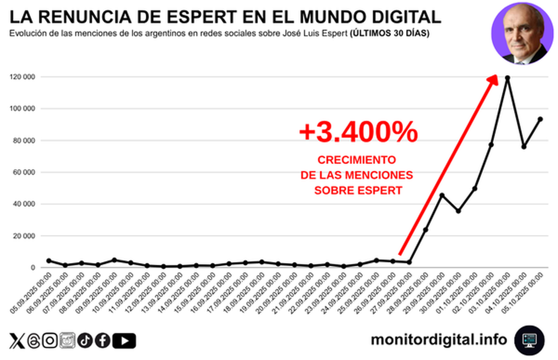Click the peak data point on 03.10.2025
click(507, 78)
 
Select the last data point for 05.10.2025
click(540, 119)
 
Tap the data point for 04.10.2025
click(524, 147)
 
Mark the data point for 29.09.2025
click(442, 195)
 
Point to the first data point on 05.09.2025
click(49, 261)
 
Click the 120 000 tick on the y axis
click(23, 77)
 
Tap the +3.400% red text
click(358, 133)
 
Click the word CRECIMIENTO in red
click(357, 160)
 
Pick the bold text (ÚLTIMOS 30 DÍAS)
click(390, 33)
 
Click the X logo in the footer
click(17, 341)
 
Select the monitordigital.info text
click(438, 340)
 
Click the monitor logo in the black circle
click(529, 340)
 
